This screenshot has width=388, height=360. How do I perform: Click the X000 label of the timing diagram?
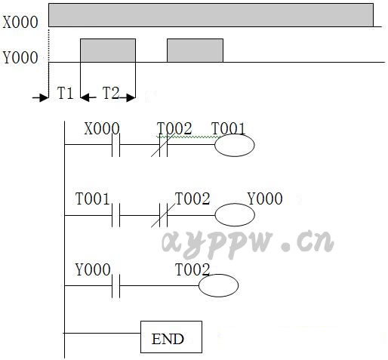20,22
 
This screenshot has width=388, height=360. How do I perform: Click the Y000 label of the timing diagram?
20,57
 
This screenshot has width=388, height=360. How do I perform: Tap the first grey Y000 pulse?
108,51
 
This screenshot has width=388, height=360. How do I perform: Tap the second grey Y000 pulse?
196,51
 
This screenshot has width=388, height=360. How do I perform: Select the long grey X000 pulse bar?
211,15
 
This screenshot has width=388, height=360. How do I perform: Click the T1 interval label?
65,93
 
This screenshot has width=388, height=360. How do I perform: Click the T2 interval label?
111,93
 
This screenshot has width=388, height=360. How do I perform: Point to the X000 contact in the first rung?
115,145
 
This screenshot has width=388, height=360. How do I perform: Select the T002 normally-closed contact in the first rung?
163,145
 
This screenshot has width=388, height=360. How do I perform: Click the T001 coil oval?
235,145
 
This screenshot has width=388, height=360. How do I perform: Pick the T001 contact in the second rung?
115,215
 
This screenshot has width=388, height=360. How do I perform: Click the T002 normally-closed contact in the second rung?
163,215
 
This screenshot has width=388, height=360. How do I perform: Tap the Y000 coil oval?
235,215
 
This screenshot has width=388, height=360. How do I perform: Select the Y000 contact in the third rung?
115,286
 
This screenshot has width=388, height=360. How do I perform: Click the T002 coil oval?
218,285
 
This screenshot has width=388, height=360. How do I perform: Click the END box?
171,337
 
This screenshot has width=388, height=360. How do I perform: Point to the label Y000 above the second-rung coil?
265,198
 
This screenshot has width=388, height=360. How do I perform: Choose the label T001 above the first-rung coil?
228,128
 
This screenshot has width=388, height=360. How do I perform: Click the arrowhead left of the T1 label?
45,97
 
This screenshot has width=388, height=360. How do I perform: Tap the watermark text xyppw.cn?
248,244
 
